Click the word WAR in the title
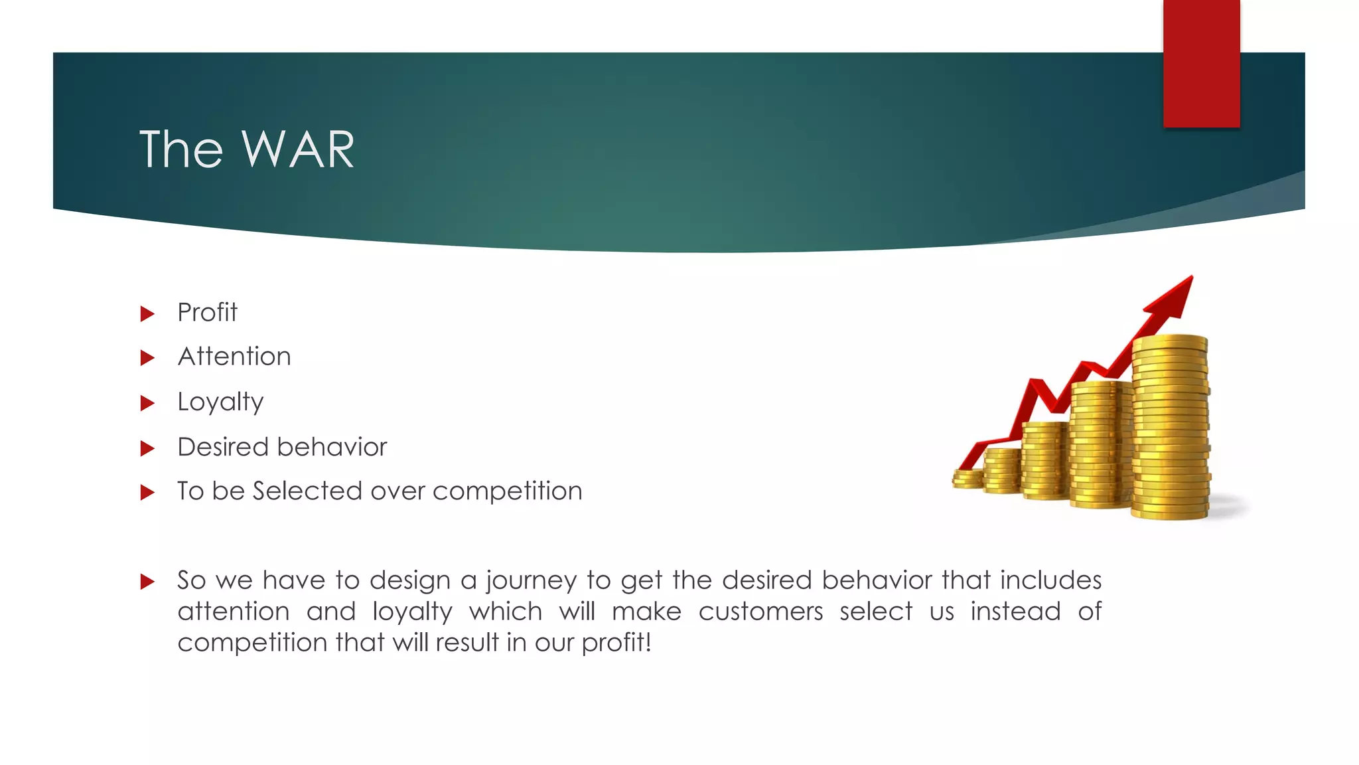(298, 150)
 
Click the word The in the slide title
(180, 150)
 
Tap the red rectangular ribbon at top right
(1201, 63)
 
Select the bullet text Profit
(207, 313)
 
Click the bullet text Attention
(234, 357)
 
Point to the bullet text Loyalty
(220, 402)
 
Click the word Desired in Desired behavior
(222, 447)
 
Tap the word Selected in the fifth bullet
(308, 491)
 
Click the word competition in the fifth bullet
(507, 492)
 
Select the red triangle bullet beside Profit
(147, 314)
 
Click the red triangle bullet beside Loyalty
(147, 404)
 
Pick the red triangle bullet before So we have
(147, 582)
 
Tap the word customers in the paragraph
(760, 612)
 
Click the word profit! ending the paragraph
(616, 643)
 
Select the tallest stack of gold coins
(1170, 428)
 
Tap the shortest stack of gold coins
(967, 479)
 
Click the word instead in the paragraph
(1015, 612)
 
